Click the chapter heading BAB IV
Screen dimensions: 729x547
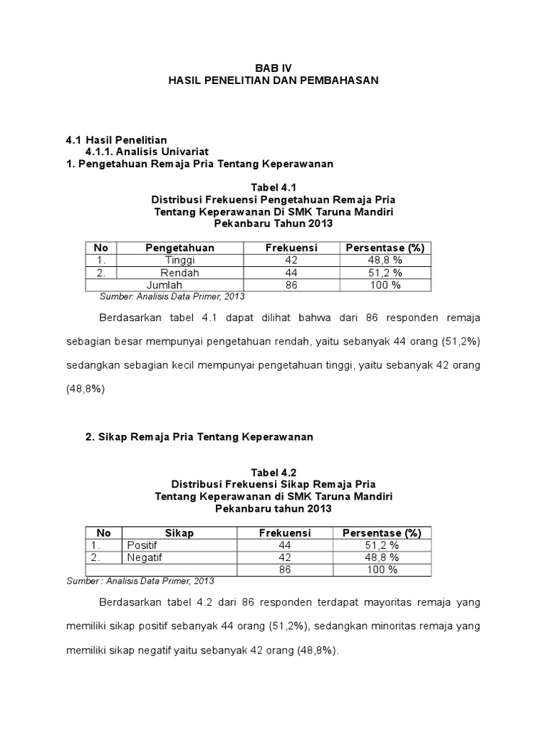(273, 68)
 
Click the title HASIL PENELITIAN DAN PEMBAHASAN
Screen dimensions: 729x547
(273, 81)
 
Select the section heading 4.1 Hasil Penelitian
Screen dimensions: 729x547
(116, 140)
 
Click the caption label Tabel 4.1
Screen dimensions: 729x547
(273, 187)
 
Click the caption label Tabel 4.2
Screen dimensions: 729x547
(273, 472)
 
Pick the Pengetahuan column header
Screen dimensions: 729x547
(179, 248)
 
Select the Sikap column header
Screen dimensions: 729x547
(179, 533)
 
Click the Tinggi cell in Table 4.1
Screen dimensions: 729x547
(179, 261)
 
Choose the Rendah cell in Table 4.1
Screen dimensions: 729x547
(179, 273)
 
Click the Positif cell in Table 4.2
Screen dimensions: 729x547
(142, 545)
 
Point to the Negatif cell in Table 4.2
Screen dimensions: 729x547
(144, 557)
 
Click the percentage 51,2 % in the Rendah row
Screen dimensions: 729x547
(385, 273)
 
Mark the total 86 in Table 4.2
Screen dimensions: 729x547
(285, 570)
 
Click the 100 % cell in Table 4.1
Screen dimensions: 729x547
(385, 285)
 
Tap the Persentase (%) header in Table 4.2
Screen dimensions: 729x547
(382, 533)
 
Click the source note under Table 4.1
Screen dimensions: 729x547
(172, 296)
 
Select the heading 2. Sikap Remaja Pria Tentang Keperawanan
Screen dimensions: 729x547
(199, 436)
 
